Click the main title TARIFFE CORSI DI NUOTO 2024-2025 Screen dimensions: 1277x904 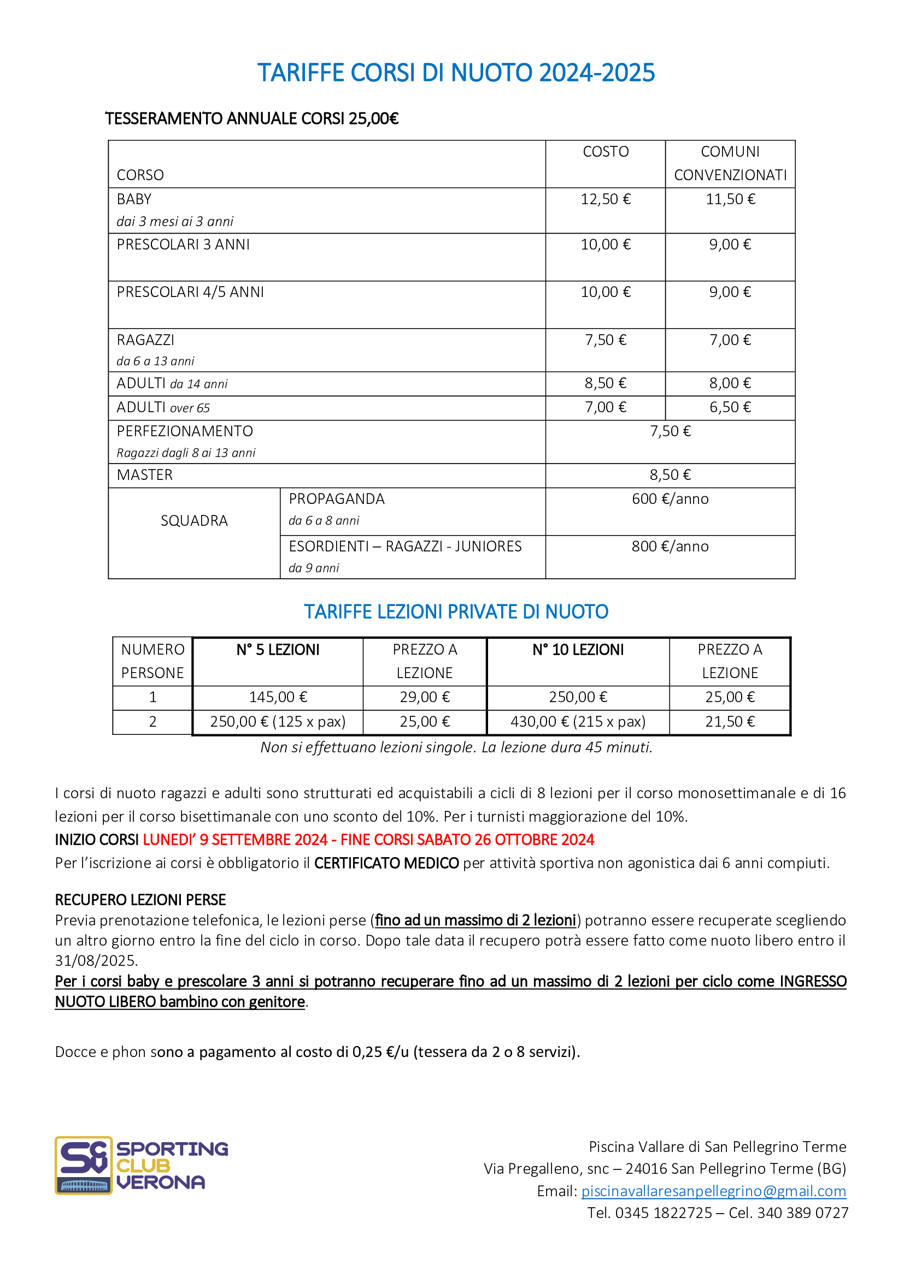pyautogui.click(x=456, y=73)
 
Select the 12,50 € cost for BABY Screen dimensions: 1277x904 pyautogui.click(x=605, y=199)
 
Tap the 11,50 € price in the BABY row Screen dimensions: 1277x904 pyautogui.click(x=730, y=199)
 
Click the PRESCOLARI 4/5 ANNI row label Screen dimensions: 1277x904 pyautogui.click(x=190, y=292)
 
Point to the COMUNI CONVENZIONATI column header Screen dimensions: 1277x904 pyautogui.click(x=730, y=164)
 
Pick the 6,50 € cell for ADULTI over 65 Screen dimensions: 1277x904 pyautogui.click(x=730, y=407)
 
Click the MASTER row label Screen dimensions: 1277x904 pyautogui.click(x=145, y=475)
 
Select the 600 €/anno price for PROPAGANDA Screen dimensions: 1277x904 pyautogui.click(x=670, y=499)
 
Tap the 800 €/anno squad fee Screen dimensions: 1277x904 pyautogui.click(x=670, y=546)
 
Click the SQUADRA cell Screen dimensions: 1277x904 pyautogui.click(x=194, y=521)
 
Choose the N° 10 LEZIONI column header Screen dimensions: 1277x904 pyautogui.click(x=578, y=650)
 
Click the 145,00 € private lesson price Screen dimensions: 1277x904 pyautogui.click(x=278, y=697)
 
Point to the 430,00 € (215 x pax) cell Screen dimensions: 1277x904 pyautogui.click(x=578, y=721)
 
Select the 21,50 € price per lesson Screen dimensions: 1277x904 pyautogui.click(x=730, y=721)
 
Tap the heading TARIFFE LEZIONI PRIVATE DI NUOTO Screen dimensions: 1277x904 pyautogui.click(x=456, y=612)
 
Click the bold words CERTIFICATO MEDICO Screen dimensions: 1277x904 pyautogui.click(x=386, y=863)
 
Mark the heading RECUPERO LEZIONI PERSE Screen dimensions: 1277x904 pyautogui.click(x=140, y=900)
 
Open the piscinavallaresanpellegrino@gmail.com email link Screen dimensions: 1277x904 pyautogui.click(x=713, y=1191)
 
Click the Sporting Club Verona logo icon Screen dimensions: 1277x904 pyautogui.click(x=84, y=1165)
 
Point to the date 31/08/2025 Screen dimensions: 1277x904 pyautogui.click(x=96, y=960)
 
